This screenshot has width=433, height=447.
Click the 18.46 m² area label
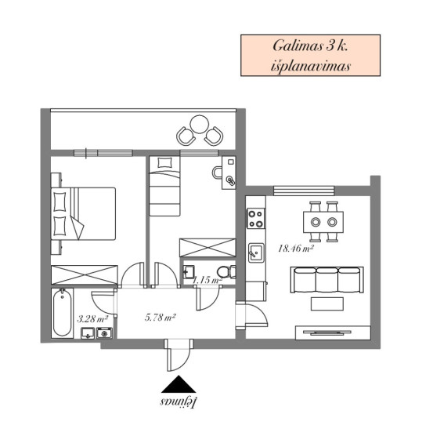(x=296, y=249)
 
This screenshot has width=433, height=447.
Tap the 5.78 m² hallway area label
(x=160, y=318)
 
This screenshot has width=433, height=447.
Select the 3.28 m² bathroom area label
(x=92, y=318)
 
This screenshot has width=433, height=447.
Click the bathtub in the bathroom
(x=62, y=313)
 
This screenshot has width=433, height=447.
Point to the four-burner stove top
(x=255, y=219)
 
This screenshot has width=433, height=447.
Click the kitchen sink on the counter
(x=256, y=253)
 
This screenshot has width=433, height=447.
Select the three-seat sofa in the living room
(x=327, y=280)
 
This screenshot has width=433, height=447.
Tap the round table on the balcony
(x=200, y=124)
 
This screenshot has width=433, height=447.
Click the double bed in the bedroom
(x=83, y=213)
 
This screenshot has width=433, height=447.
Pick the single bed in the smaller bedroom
(x=165, y=186)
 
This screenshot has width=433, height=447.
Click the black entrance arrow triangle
(x=179, y=384)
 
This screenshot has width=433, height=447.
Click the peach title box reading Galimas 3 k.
(x=310, y=56)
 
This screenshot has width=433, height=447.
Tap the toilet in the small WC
(x=226, y=271)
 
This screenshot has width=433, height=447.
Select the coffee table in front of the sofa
(x=327, y=303)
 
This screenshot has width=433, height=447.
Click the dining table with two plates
(x=323, y=222)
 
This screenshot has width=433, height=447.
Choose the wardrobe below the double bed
(x=85, y=274)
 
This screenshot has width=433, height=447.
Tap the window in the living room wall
(x=304, y=191)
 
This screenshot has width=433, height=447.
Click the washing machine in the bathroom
(x=104, y=333)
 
